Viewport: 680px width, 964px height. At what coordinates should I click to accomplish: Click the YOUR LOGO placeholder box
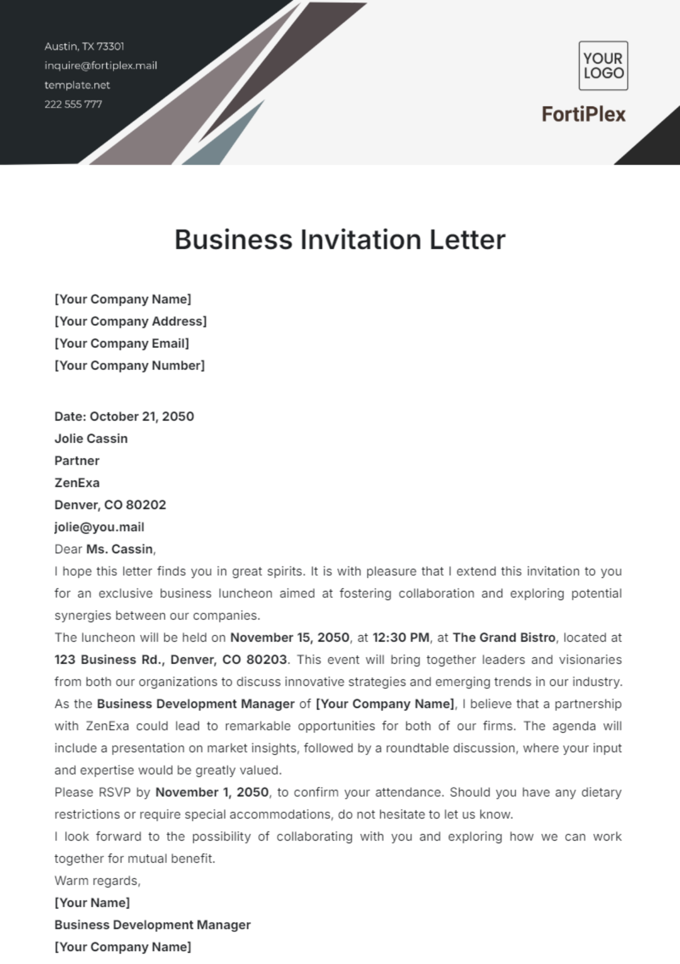click(x=603, y=66)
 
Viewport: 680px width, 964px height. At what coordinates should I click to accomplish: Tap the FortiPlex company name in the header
click(x=584, y=114)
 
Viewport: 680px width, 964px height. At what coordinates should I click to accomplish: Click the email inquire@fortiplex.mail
click(x=101, y=66)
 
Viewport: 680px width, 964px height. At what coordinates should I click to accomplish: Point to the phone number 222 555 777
click(x=73, y=104)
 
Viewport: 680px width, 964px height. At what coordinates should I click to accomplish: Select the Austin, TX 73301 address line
click(x=84, y=46)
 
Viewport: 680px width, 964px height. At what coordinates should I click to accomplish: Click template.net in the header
click(x=77, y=85)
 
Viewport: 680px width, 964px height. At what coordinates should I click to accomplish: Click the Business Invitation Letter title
click(x=339, y=240)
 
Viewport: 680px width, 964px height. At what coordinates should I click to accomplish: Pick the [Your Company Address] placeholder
click(x=130, y=321)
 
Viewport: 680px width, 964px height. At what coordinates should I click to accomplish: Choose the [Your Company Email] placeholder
click(x=122, y=343)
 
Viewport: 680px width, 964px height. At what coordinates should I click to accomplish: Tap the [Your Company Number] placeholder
click(x=130, y=366)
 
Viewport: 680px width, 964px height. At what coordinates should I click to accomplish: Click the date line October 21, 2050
click(x=124, y=417)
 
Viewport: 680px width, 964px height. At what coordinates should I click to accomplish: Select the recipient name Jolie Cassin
click(x=91, y=439)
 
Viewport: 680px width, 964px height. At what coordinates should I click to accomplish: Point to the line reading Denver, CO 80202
click(x=110, y=505)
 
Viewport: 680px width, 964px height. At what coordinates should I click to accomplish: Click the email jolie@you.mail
click(x=99, y=527)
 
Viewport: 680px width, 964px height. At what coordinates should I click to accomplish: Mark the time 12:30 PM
click(x=401, y=638)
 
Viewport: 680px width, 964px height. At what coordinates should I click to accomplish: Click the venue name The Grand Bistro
click(x=504, y=638)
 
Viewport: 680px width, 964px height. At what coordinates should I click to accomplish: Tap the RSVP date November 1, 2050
click(x=212, y=792)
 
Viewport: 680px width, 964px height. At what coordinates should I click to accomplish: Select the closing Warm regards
click(x=97, y=881)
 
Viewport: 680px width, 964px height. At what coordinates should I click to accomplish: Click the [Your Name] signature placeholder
click(x=92, y=903)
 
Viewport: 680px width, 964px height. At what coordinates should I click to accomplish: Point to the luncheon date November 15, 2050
click(x=290, y=638)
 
